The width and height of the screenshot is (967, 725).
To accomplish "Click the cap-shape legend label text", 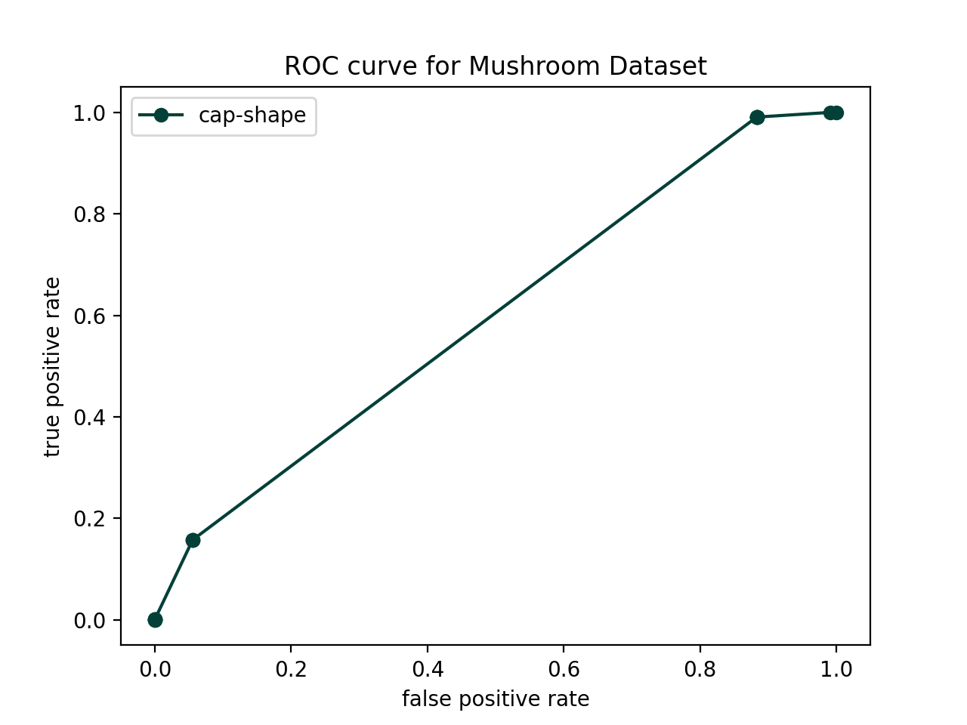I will (252, 116).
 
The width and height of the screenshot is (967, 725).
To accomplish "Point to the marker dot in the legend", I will (161, 116).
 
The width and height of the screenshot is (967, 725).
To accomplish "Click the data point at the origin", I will (155, 620).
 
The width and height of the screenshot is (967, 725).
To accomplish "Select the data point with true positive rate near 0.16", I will (193, 540).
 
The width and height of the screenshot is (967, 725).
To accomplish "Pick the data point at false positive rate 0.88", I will (757, 117).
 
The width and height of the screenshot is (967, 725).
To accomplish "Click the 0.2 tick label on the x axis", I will (291, 669).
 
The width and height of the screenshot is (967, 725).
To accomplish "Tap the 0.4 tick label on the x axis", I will (428, 669).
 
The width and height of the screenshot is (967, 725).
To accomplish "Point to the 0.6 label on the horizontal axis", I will (564, 669).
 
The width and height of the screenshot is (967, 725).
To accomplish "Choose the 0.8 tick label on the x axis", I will (700, 669).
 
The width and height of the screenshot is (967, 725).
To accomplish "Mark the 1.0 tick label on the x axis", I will (836, 669).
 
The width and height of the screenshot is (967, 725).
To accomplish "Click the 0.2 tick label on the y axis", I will (89, 519).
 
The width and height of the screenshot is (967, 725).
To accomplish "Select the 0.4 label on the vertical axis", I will (89, 418).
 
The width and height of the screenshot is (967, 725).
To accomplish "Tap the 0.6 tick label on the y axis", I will (89, 316).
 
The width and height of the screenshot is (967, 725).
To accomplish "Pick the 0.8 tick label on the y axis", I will (89, 214).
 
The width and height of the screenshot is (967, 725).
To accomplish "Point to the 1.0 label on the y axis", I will (89, 113).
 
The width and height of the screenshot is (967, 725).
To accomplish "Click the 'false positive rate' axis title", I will (496, 699).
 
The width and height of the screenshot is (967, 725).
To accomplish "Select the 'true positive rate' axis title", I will (52, 367).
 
